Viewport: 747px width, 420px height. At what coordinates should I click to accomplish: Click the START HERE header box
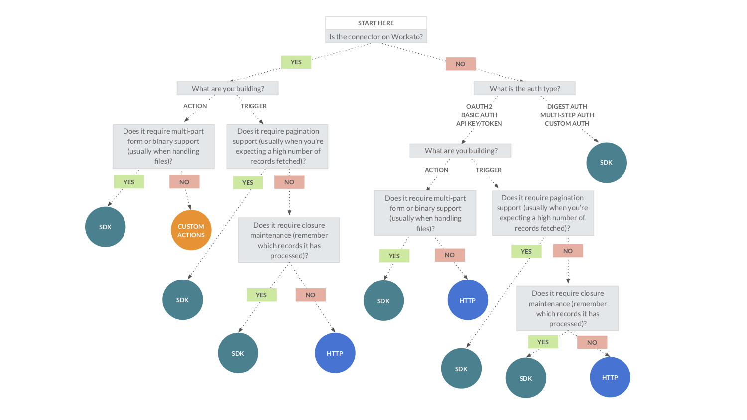[x=376, y=23]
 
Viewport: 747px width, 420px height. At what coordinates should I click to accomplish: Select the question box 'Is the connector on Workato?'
[x=376, y=37]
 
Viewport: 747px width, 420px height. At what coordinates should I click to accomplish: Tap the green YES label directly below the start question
[x=296, y=62]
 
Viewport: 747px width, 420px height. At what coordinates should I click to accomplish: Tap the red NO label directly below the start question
[x=460, y=64]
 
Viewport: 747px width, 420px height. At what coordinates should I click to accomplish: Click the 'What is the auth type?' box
[x=524, y=89]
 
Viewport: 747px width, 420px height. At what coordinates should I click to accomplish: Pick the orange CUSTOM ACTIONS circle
[x=191, y=230]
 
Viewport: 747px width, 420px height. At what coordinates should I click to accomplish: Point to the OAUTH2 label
[x=479, y=106]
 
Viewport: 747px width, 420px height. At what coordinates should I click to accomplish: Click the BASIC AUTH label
[x=479, y=115]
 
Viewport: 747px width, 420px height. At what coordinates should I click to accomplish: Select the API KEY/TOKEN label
[x=479, y=123]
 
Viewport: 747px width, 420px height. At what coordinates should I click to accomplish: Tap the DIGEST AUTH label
[x=567, y=106]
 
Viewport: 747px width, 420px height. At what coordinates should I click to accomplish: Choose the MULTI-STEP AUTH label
[x=567, y=115]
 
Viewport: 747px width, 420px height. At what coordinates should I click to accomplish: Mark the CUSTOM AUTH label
[x=567, y=123]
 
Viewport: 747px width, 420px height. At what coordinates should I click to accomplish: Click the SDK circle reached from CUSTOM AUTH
[x=606, y=163]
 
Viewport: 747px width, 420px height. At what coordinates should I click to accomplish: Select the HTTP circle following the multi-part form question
[x=468, y=300]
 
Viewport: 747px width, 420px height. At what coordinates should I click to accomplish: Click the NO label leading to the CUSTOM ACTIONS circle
[x=184, y=182]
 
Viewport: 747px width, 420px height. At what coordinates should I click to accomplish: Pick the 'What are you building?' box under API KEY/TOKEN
[x=461, y=151]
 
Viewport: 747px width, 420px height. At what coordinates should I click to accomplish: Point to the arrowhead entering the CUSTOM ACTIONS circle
[x=189, y=207]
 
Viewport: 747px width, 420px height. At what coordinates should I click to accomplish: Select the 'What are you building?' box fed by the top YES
[x=228, y=89]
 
